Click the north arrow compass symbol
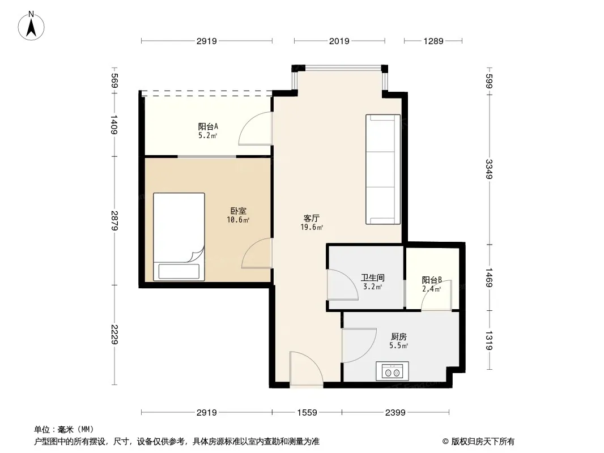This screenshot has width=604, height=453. pyautogui.click(x=31, y=26)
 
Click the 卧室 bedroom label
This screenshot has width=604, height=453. pyautogui.click(x=239, y=211)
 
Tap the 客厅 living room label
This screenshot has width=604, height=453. pyautogui.click(x=311, y=218)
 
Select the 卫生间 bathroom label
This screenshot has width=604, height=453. pyautogui.click(x=372, y=277)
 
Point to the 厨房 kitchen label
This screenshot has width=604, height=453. pyautogui.click(x=399, y=337)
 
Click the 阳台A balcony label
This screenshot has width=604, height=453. pyautogui.click(x=208, y=126)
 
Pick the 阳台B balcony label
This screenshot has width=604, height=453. pyautogui.click(x=431, y=280)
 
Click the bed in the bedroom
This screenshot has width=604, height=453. pyautogui.click(x=179, y=237)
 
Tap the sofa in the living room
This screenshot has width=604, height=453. pyautogui.click(x=383, y=169)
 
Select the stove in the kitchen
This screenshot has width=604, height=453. pyautogui.click(x=393, y=371)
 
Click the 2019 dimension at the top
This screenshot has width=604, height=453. pyautogui.click(x=339, y=41)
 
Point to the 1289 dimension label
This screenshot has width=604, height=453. pyautogui.click(x=433, y=41)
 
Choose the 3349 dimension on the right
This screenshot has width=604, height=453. pyautogui.click(x=489, y=169)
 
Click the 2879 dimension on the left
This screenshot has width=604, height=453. pyautogui.click(x=114, y=220)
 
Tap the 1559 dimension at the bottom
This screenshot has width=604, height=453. pyautogui.click(x=307, y=413)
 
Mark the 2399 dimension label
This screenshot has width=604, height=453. pyautogui.click(x=395, y=413)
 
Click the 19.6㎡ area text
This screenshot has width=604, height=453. pyautogui.click(x=312, y=227)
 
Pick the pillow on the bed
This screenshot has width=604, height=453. pyautogui.click(x=179, y=271)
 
